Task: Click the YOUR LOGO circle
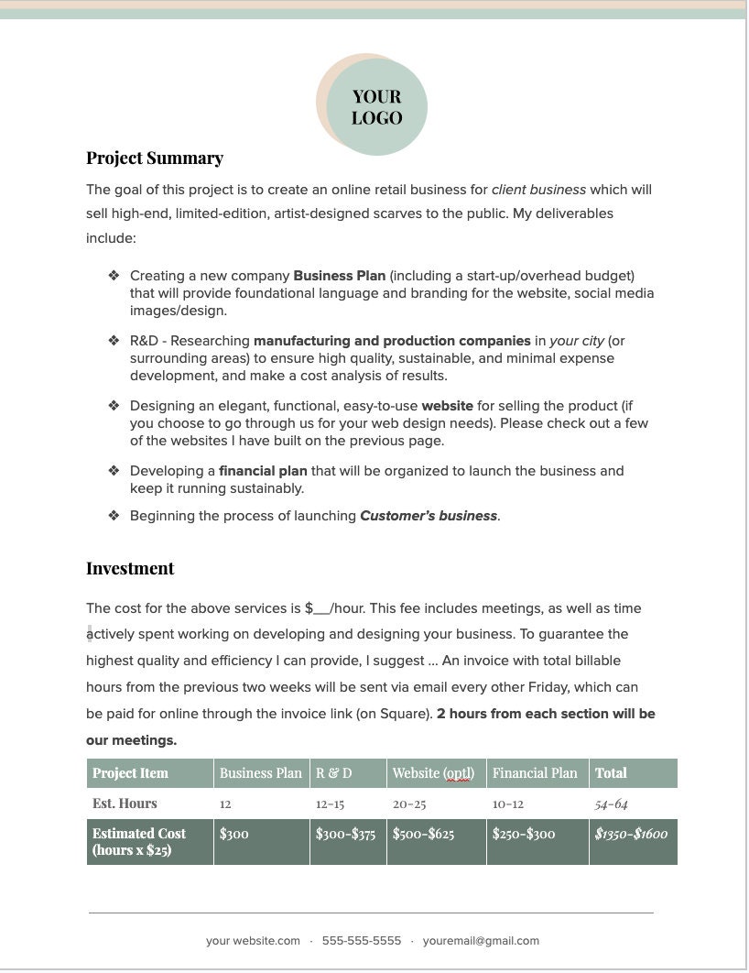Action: tap(375, 106)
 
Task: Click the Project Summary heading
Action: tap(155, 159)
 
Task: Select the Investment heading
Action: tap(130, 569)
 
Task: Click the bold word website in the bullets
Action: tap(447, 406)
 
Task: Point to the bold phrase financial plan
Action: tap(263, 471)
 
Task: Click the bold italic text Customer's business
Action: tap(429, 516)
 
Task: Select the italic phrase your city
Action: tap(576, 341)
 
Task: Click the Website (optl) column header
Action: tap(433, 773)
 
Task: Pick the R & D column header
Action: tap(334, 773)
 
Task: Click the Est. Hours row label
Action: tap(125, 804)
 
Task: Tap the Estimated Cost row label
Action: tap(139, 842)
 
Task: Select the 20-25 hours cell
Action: tap(409, 804)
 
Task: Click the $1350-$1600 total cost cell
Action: tap(631, 834)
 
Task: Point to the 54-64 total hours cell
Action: tap(611, 804)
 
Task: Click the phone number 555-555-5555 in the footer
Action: tap(362, 941)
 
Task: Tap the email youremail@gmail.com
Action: tap(481, 941)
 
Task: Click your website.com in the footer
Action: tap(253, 941)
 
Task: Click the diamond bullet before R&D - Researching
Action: tap(114, 341)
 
